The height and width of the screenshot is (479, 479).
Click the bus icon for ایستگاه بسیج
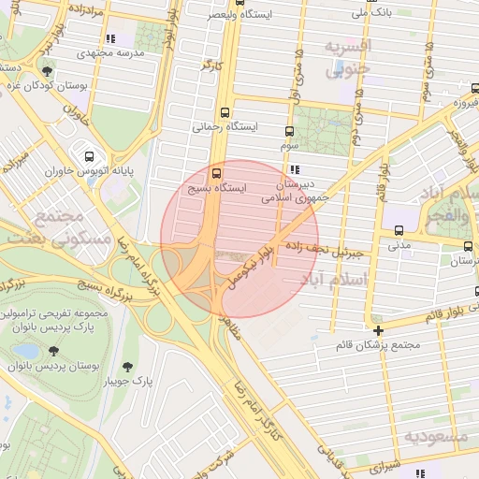pyautogui.click(x=218, y=173)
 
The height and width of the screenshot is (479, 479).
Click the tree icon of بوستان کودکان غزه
pyautogui.click(x=47, y=70)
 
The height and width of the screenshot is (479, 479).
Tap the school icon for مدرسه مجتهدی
pyautogui.click(x=110, y=39)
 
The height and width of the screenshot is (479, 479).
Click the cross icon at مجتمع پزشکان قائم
pyautogui.click(x=378, y=330)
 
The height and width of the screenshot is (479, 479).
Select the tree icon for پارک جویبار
pyautogui.click(x=127, y=367)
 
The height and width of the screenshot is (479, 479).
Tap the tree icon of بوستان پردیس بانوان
pyautogui.click(x=51, y=350)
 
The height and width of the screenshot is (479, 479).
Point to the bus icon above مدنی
pyautogui.click(x=399, y=229)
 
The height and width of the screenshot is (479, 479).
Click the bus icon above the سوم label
pyautogui.click(x=288, y=132)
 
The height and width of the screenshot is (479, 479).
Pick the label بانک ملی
pyautogui.click(x=372, y=13)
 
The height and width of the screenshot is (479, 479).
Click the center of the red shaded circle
pyautogui.click(x=239, y=239)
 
